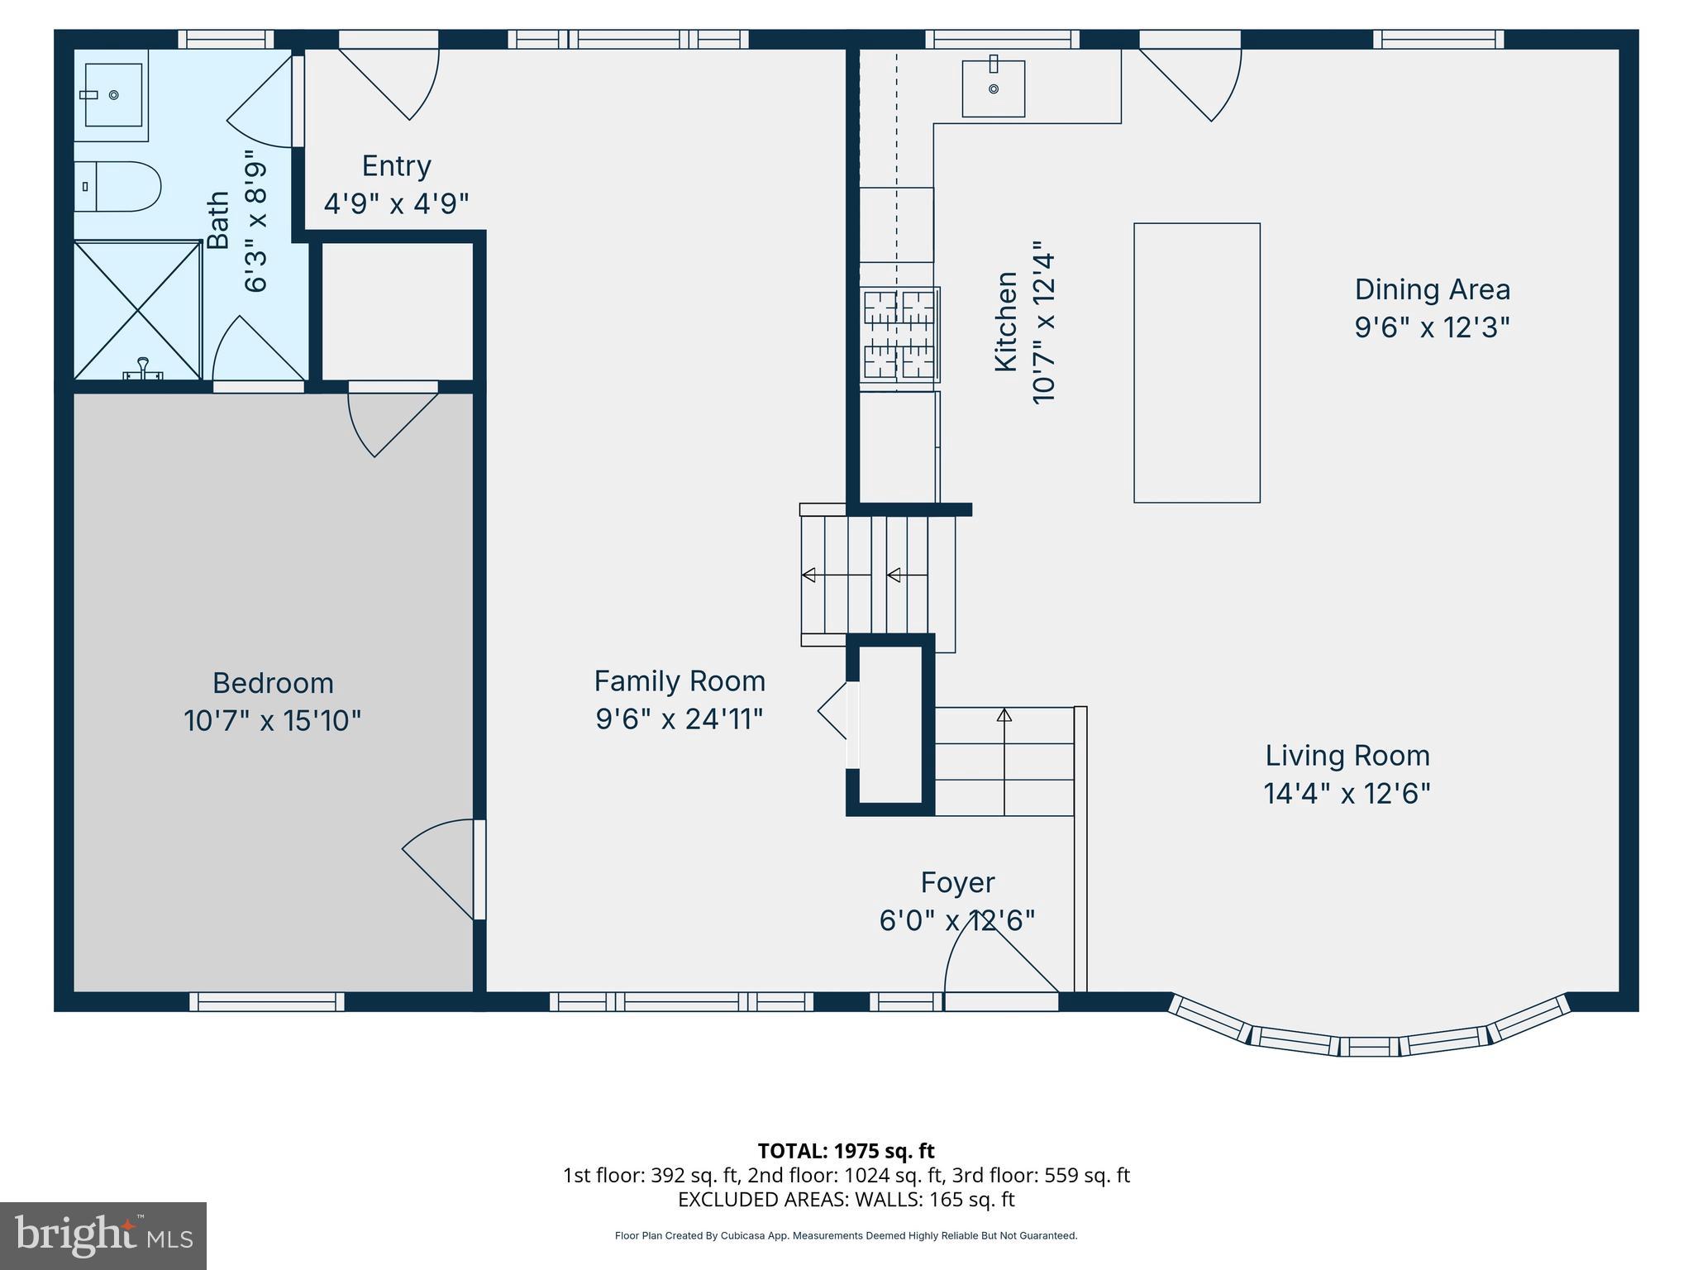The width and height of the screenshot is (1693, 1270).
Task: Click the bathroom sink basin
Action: tap(113, 96)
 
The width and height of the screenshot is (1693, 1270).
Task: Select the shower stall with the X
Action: tap(137, 310)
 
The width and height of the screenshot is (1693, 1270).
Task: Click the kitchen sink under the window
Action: tap(993, 88)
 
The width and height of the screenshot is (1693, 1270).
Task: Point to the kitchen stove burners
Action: tap(899, 334)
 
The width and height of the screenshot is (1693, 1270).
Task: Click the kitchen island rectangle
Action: tap(1196, 362)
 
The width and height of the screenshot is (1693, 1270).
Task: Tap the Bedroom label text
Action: tap(273, 683)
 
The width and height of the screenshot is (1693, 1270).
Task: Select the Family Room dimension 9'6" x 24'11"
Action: tap(679, 719)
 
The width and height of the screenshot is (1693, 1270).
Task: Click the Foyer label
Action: tap(957, 882)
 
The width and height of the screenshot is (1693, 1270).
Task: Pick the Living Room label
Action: tap(1347, 755)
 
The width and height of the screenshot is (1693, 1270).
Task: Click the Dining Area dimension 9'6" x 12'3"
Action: tap(1431, 327)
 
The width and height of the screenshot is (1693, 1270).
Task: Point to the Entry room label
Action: tap(396, 166)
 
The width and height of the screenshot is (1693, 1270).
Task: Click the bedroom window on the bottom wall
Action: tap(266, 1001)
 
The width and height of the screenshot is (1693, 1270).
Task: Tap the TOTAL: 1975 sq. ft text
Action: tap(846, 1150)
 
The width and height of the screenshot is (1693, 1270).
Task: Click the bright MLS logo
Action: tap(103, 1235)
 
